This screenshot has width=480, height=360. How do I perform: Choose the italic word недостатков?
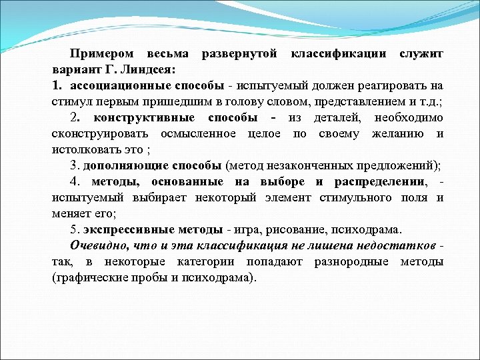pyautogui.click(x=397, y=246)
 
